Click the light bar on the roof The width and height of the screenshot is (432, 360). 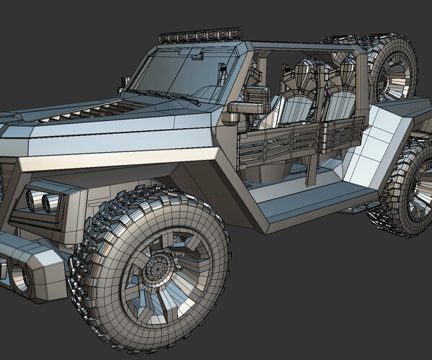coord(199,36)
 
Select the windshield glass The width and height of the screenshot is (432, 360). coord(180,72)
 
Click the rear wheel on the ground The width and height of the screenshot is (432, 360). coord(407,191)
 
